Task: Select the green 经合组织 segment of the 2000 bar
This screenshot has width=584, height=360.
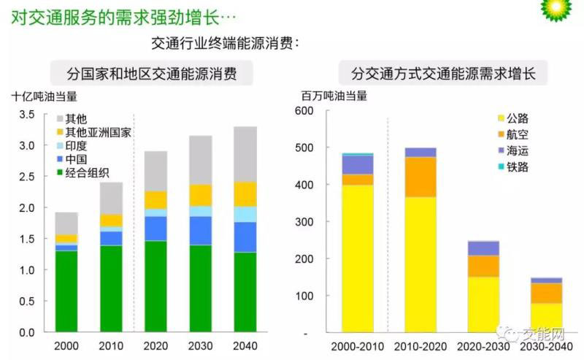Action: coord(66,291)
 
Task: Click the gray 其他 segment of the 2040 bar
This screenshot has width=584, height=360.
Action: coord(245,154)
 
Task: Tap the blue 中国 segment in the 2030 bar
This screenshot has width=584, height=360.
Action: coord(201,230)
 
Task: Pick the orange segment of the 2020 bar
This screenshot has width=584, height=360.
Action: coord(155,199)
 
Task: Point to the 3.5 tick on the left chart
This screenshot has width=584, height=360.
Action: coord(27,115)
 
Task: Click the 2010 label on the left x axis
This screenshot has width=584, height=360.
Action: coord(111,345)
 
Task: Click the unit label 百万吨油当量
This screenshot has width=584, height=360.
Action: coord(334,96)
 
